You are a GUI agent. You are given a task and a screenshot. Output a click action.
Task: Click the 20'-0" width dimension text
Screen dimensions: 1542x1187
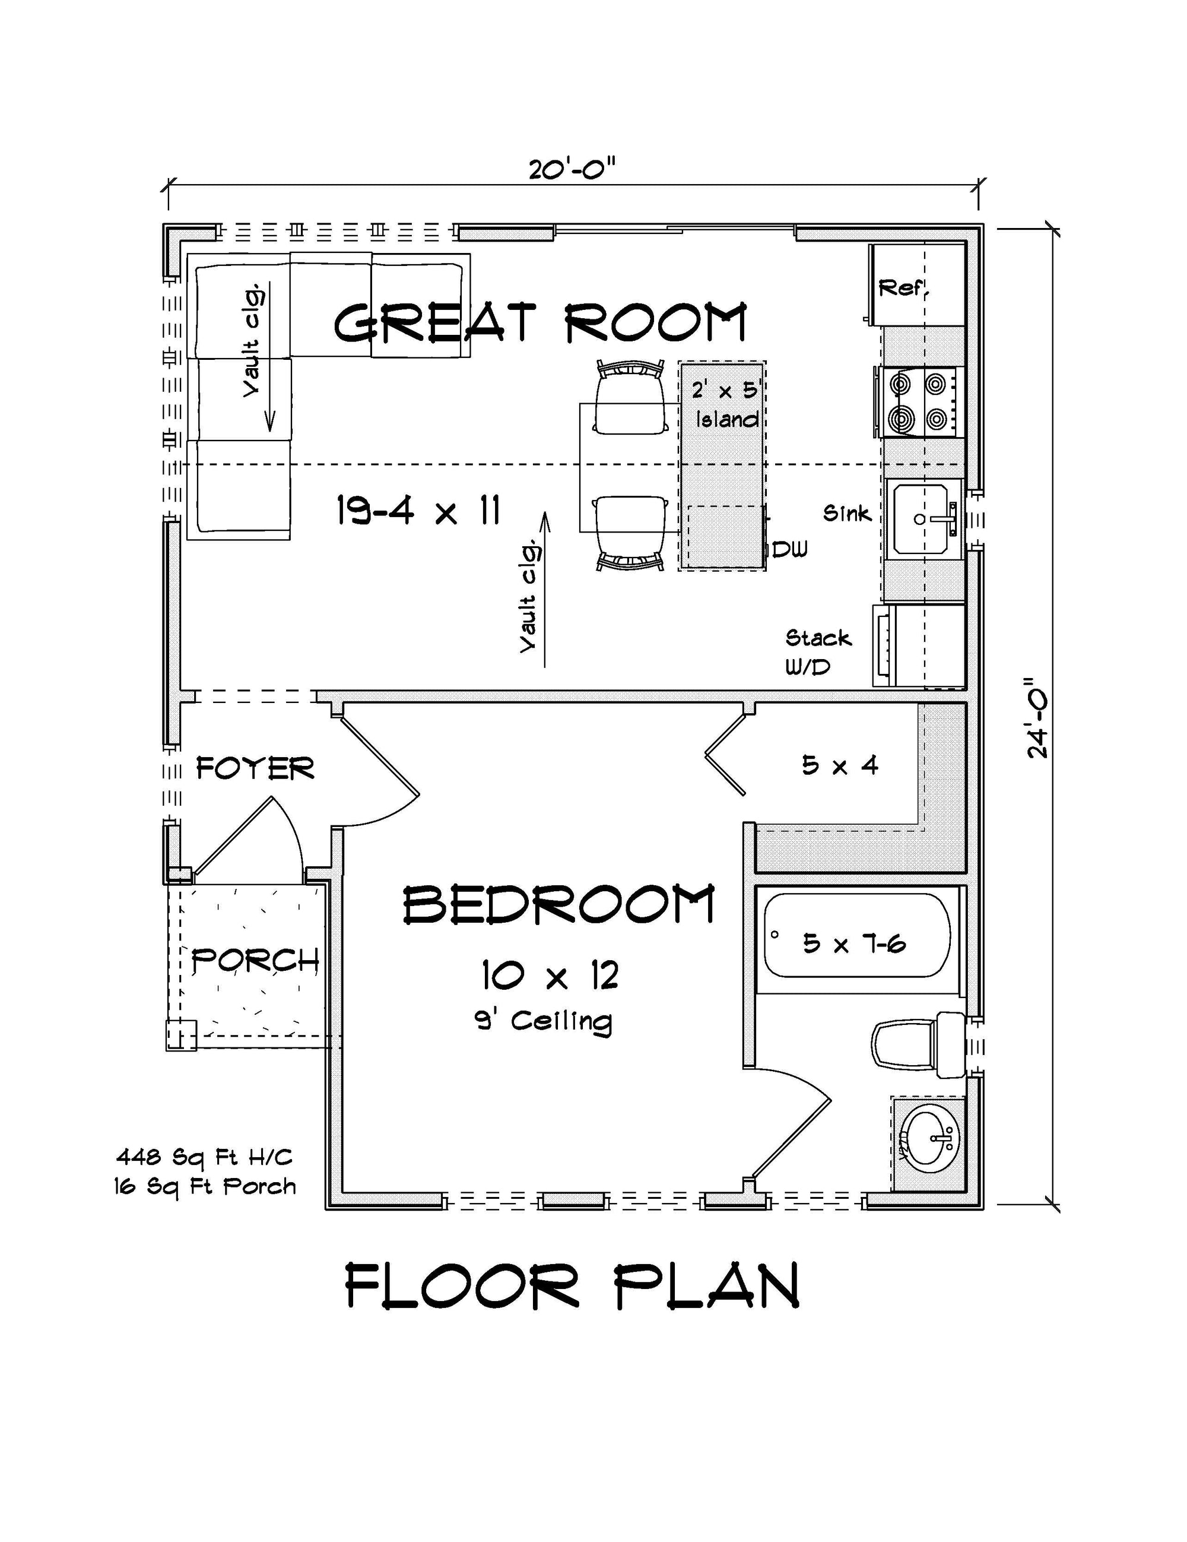pyautogui.click(x=572, y=169)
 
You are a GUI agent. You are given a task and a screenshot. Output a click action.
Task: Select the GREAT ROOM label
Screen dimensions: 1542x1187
pyautogui.click(x=540, y=322)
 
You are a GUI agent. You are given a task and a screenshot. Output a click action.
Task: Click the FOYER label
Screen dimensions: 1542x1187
pyautogui.click(x=255, y=768)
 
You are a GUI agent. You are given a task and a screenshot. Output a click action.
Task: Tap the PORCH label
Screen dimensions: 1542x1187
pyautogui.click(x=255, y=960)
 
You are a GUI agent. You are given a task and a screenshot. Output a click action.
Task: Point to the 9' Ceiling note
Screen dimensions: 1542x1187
pyautogui.click(x=544, y=1020)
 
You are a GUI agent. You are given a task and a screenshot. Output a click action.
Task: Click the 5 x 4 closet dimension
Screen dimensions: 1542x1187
pyautogui.click(x=840, y=765)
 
